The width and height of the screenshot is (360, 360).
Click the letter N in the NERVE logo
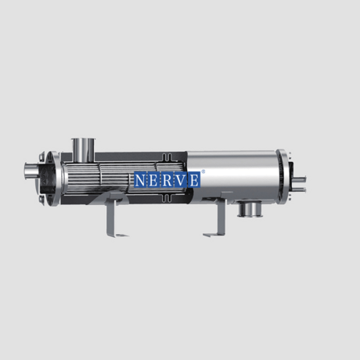pyautogui.click(x=140, y=180)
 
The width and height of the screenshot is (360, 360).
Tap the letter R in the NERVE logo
pyautogui.click(x=167, y=180)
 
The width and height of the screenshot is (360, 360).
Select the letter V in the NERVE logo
pyautogui.click(x=181, y=180)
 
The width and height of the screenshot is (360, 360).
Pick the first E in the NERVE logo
pyautogui.click(x=154, y=180)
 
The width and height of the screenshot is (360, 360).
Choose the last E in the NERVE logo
pyautogui.click(x=194, y=180)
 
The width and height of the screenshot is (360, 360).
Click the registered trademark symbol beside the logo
pyautogui.click(x=203, y=171)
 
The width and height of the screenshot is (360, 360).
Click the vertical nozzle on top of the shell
pyautogui.click(x=83, y=150)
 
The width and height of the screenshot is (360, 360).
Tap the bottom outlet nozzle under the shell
pyautogui.click(x=250, y=209)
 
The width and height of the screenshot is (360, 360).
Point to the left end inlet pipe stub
pyautogui.click(x=31, y=171)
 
